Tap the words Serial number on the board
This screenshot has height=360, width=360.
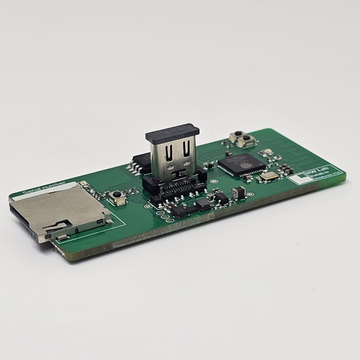[x=43, y=190]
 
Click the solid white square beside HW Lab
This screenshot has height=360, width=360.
[x=295, y=178]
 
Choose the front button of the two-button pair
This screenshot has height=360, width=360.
[x=245, y=142]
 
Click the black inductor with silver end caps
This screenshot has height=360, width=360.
[x=238, y=193]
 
